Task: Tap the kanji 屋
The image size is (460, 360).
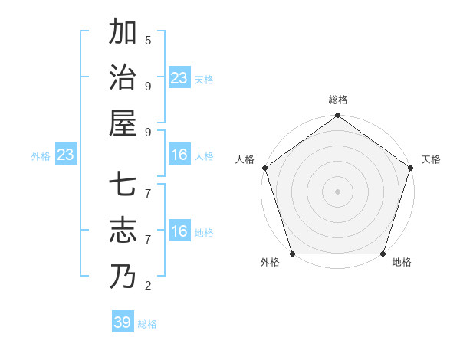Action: pos(123,123)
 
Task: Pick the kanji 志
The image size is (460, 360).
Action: pos(123,230)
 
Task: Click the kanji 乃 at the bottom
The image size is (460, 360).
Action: pos(123,276)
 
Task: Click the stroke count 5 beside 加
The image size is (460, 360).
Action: pos(148,40)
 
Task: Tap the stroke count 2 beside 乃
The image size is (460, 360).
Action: pos(148,286)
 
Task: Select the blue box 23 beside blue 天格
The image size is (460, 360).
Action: pos(179,78)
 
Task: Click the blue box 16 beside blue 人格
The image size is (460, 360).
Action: pos(179,155)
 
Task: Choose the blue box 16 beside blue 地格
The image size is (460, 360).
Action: pos(179,231)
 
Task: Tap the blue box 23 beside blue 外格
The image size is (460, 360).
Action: pos(65,155)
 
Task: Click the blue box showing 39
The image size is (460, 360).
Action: pos(122,322)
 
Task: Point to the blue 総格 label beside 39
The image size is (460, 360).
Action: pos(147,324)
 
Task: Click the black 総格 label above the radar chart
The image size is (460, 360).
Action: pos(337,100)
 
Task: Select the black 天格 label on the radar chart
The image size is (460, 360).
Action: pos(432,159)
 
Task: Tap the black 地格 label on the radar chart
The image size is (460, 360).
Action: pos(402,262)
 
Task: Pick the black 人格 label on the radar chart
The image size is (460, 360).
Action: pos(245,159)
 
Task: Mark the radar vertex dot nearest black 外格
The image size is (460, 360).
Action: pos(292,254)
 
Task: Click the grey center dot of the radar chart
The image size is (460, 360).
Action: pos(337,191)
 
